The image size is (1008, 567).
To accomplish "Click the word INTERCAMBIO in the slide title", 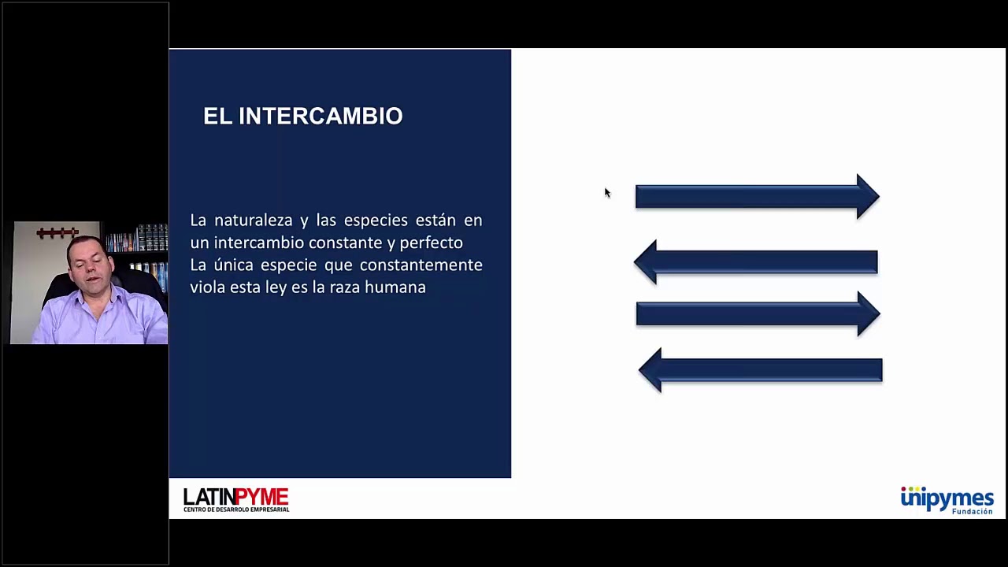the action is pos(321,116).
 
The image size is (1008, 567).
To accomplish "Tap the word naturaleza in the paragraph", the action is pos(254,220).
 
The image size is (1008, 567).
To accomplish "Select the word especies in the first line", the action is pos(376,221).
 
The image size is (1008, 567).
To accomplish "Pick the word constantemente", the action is pos(421,265).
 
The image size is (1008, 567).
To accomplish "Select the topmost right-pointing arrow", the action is pos(758,197).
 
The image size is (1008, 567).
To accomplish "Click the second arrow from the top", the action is pos(755,262).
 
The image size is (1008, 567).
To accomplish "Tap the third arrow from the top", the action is pos(758,313).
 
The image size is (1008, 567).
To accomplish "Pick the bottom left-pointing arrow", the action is pos(761,370).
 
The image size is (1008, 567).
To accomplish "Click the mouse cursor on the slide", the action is pos(607,193).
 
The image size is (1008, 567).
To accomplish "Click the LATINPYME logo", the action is pos(236,500).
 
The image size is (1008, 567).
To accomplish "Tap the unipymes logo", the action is pos(947,500).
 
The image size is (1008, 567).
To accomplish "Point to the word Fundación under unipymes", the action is pos(973,511).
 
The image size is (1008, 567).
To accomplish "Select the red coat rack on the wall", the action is pos(57,232).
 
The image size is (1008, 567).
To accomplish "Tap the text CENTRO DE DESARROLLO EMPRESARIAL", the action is pos(236,510).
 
